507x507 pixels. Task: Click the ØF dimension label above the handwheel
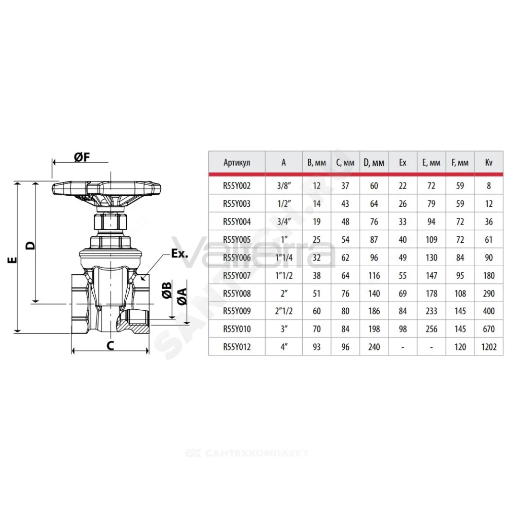pos(82,157)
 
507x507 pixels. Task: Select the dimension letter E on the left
pos(12,260)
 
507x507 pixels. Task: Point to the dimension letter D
pos(31,245)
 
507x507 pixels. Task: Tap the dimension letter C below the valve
pos(110,345)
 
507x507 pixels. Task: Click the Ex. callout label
pos(179,253)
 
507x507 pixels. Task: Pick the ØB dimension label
pos(166,290)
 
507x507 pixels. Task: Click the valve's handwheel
pos(106,188)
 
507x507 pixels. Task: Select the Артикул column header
pos(237,162)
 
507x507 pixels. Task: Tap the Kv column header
pos(489,162)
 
